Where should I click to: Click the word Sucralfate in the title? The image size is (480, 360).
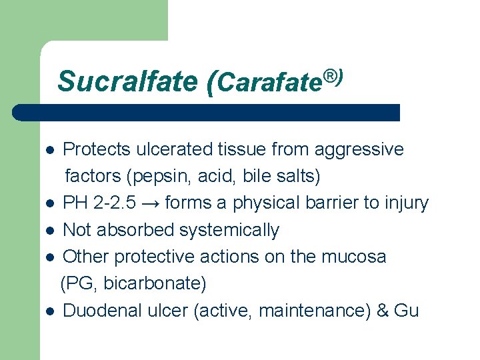[127, 81]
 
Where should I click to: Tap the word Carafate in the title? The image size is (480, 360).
[270, 83]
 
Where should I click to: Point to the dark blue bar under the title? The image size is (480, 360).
[207, 113]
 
